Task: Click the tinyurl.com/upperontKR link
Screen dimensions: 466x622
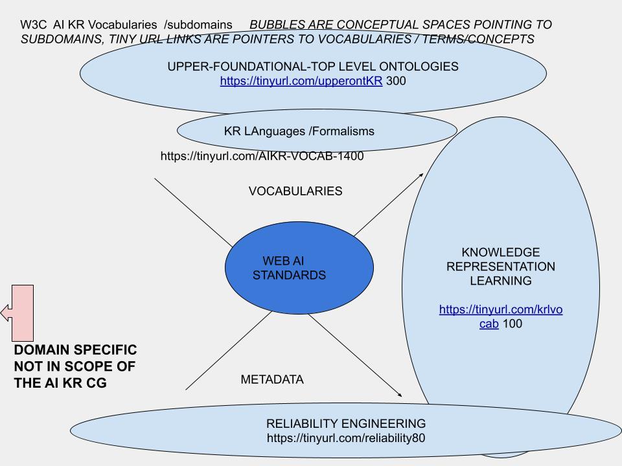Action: click(301, 82)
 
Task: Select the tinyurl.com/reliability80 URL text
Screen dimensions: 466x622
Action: click(346, 438)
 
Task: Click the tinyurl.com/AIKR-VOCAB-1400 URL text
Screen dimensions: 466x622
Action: click(262, 156)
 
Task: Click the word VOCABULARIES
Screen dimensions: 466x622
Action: click(295, 191)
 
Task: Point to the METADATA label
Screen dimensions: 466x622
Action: click(272, 380)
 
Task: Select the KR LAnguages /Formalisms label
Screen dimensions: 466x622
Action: click(299, 131)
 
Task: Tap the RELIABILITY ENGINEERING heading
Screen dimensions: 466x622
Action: click(346, 424)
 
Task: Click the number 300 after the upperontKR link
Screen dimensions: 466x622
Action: click(396, 82)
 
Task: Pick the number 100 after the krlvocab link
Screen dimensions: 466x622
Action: click(512, 324)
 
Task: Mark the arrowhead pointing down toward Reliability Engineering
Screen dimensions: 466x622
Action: click(399, 394)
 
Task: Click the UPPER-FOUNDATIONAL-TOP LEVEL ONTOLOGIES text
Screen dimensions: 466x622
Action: click(313, 67)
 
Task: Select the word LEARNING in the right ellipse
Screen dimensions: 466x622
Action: click(500, 281)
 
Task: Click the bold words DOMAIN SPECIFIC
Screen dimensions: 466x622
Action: click(75, 350)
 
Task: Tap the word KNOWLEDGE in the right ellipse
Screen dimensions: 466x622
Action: click(500, 252)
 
